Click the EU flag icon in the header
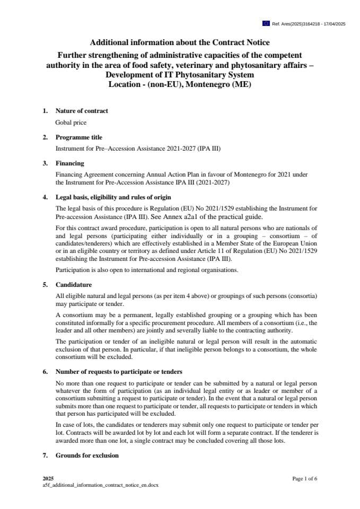pos(266,24)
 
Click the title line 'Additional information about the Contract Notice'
pos(180,42)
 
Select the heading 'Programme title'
pos(79,137)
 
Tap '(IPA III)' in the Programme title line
pos(209,148)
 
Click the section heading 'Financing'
pos(69,163)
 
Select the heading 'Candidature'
pos(74,285)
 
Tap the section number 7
pos(45,455)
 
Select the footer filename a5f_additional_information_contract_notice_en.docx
pos(100,485)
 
